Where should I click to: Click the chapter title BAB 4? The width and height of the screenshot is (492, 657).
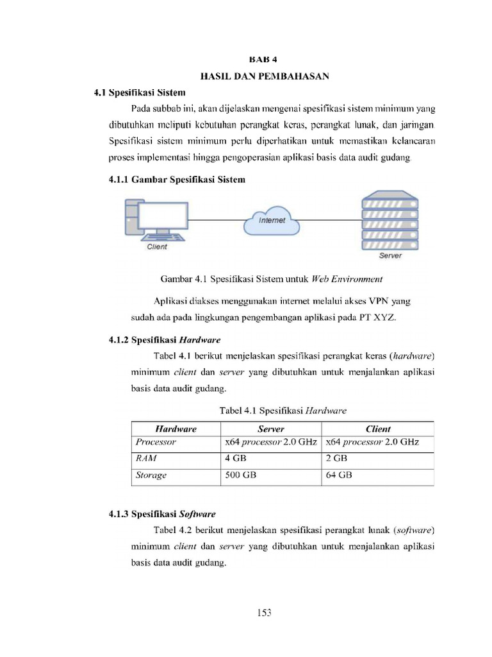click(265, 61)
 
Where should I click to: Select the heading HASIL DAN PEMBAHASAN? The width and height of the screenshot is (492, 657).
click(265, 77)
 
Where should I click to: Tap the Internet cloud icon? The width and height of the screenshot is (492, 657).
click(272, 221)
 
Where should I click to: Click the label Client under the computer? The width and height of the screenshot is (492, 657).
click(157, 247)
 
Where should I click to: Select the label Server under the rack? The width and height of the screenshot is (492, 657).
click(390, 256)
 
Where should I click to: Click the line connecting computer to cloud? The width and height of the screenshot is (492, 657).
click(216, 220)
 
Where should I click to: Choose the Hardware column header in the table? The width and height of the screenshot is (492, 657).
click(176, 429)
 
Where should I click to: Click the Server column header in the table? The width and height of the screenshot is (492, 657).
click(271, 429)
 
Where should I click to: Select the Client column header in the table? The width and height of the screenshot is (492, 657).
click(378, 429)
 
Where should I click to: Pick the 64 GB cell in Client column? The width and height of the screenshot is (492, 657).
click(339, 475)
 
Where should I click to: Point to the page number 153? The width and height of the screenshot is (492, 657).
click(265, 613)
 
